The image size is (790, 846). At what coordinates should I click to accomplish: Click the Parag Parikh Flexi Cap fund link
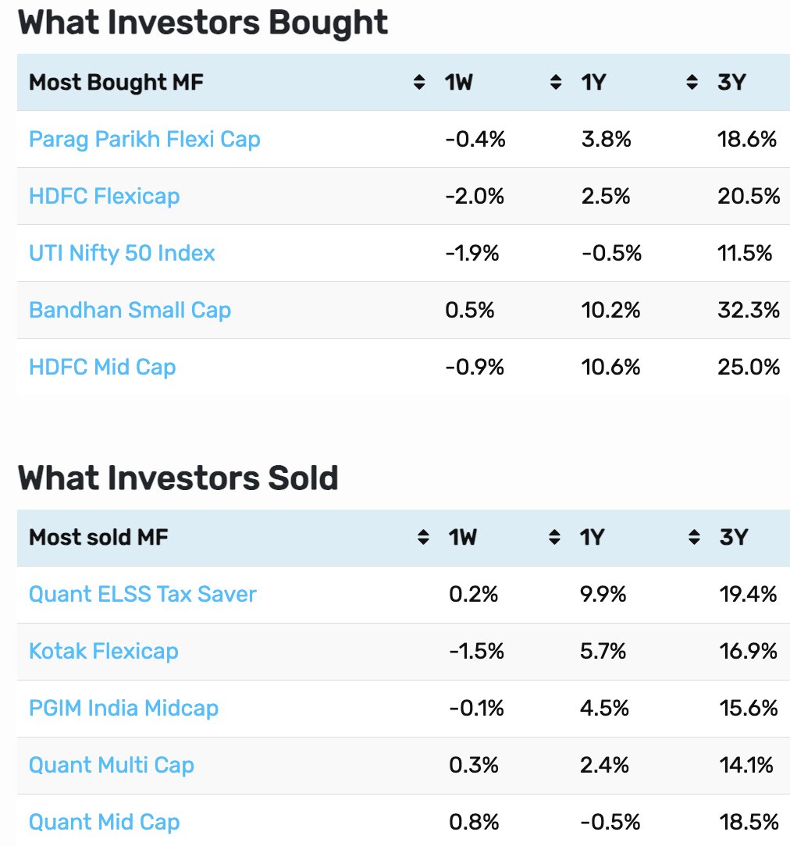(x=144, y=140)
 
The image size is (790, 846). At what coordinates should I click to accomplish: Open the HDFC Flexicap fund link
(x=104, y=197)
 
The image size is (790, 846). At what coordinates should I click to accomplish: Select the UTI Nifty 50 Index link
(x=122, y=253)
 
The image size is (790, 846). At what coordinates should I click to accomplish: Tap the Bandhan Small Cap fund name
(x=130, y=311)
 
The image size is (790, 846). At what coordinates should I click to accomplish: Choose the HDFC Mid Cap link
(x=102, y=368)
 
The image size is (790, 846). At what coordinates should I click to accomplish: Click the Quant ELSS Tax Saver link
(x=142, y=594)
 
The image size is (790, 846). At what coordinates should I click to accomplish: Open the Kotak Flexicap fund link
(x=104, y=651)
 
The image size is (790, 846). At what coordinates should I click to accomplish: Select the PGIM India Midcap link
(x=123, y=708)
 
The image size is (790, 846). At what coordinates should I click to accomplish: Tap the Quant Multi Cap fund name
(x=112, y=765)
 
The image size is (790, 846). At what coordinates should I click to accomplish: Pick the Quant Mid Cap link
(x=104, y=823)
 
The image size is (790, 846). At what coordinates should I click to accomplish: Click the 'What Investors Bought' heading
(x=203, y=23)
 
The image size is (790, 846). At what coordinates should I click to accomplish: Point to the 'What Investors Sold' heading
(x=178, y=478)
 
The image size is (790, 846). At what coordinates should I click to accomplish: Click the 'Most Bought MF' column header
(x=116, y=83)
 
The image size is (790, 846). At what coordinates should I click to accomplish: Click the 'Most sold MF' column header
(x=98, y=538)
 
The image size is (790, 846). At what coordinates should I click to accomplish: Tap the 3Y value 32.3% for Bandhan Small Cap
(x=749, y=311)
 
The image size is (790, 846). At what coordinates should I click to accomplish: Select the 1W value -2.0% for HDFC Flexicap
(x=475, y=197)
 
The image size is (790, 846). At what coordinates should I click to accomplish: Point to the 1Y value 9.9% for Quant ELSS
(x=603, y=595)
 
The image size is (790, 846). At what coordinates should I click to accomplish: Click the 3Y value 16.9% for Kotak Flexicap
(x=749, y=651)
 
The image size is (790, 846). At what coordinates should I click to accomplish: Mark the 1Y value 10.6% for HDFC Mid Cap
(x=611, y=368)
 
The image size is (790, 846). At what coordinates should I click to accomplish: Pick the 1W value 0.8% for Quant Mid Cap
(x=474, y=823)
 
